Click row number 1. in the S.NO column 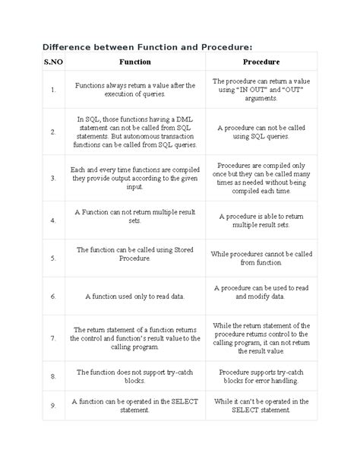pos(32,90)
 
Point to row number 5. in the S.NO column pos(32,258)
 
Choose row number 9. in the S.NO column pos(32,405)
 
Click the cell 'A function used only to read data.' pos(135,296)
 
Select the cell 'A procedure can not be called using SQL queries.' pos(261,132)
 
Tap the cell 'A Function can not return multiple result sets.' pos(135,220)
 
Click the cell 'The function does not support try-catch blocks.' pos(135,376)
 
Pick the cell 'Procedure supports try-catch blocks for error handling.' pos(261,376)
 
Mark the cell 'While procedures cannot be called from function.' pos(261,258)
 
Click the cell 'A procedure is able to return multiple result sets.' pos(261,220)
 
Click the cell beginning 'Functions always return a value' pos(135,90)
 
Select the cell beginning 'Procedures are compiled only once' pos(261,178)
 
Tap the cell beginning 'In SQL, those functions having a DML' pos(135,132)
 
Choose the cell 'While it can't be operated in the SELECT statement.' pos(261,405)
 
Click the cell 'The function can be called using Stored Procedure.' pos(135,253)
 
